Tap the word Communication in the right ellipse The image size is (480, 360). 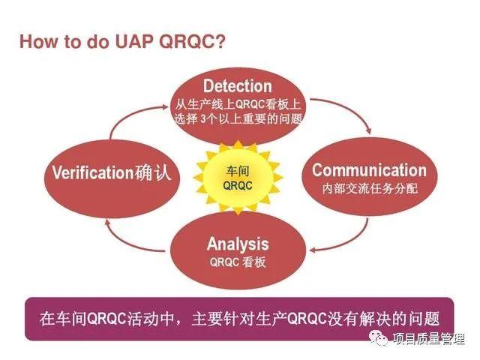(x=369, y=169)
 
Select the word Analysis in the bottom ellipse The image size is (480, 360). (x=237, y=244)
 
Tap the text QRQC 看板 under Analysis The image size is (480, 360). (x=237, y=262)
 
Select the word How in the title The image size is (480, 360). (x=37, y=40)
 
